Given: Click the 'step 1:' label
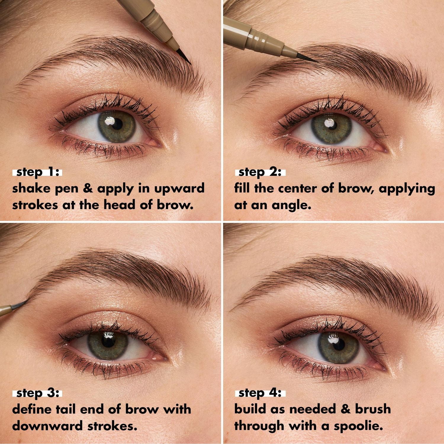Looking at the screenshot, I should click(37, 172).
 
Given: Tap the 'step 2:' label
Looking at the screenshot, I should click(260, 172).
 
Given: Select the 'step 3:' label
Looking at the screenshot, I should click(37, 393).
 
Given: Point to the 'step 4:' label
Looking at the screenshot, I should click(260, 393).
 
